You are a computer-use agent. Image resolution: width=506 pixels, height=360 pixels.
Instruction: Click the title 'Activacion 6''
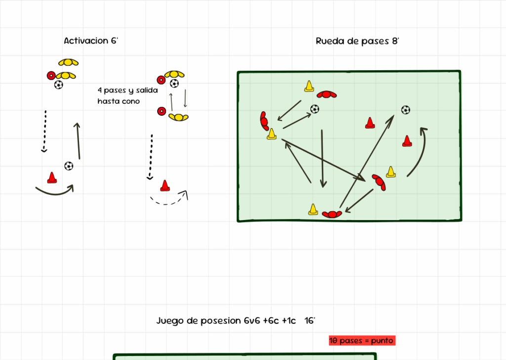[x=91, y=41]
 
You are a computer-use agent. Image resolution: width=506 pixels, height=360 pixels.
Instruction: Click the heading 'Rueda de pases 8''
[x=357, y=41]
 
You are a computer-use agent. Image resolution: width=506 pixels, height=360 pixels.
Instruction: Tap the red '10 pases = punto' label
[x=361, y=341]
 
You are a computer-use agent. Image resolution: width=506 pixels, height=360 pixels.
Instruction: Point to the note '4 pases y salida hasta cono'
[x=127, y=96]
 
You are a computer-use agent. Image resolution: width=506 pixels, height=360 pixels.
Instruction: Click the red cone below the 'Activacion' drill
[x=51, y=177]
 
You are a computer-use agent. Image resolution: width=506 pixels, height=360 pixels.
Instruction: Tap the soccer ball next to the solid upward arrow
[x=69, y=166]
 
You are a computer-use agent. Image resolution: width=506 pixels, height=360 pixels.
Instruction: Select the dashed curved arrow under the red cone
[x=169, y=199]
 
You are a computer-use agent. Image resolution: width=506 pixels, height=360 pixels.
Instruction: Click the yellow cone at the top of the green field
[x=309, y=86]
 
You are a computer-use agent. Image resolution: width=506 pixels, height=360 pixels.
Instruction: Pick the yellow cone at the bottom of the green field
[x=313, y=210]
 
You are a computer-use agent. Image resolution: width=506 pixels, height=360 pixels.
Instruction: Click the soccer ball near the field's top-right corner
[x=405, y=110]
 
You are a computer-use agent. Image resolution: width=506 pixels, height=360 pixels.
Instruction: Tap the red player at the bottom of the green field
[x=332, y=214]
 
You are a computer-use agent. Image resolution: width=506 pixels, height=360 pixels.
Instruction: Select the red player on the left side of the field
[x=264, y=120]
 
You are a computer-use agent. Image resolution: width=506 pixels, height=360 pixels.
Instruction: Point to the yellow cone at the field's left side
[x=271, y=134]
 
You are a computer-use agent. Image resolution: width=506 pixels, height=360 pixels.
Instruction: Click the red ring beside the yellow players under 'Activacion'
[x=50, y=76]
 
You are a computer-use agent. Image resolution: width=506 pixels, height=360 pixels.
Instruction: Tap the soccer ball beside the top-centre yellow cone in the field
[x=315, y=109]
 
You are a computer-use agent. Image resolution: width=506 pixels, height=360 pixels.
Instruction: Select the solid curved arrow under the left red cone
[x=54, y=190]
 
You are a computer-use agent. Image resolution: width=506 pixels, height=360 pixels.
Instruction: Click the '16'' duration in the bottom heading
[x=310, y=320]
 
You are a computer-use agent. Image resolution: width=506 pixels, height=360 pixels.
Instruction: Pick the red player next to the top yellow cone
[x=327, y=94]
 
